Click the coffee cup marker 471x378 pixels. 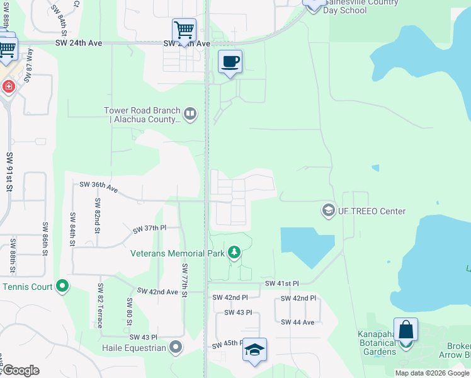(230, 62)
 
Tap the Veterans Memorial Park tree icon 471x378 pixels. (234, 253)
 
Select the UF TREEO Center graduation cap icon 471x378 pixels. (327, 210)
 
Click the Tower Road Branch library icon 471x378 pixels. (190, 114)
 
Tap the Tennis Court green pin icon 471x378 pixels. (62, 287)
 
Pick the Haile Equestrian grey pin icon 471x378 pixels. (176, 347)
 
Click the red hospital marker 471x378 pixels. (9, 86)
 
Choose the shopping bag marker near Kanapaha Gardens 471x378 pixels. (406, 329)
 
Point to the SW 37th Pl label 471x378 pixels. (149, 229)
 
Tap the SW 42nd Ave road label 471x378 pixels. (158, 292)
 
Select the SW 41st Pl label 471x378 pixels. (281, 284)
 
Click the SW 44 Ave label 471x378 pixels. (297, 322)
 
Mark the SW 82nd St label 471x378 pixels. (98, 216)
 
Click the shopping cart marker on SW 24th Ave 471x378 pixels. (183, 29)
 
